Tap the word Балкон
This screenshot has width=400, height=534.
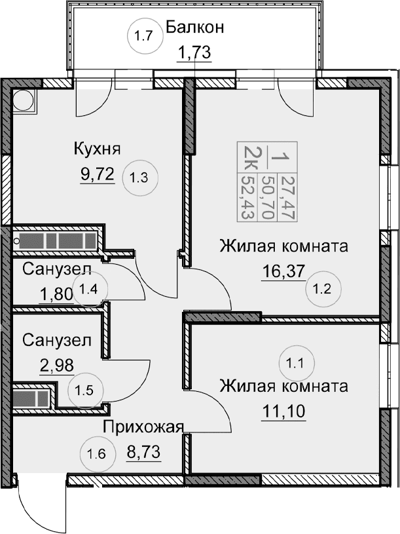195,28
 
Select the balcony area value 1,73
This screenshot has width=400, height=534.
195,52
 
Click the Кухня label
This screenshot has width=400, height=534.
97,149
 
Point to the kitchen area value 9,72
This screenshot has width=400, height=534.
98,174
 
